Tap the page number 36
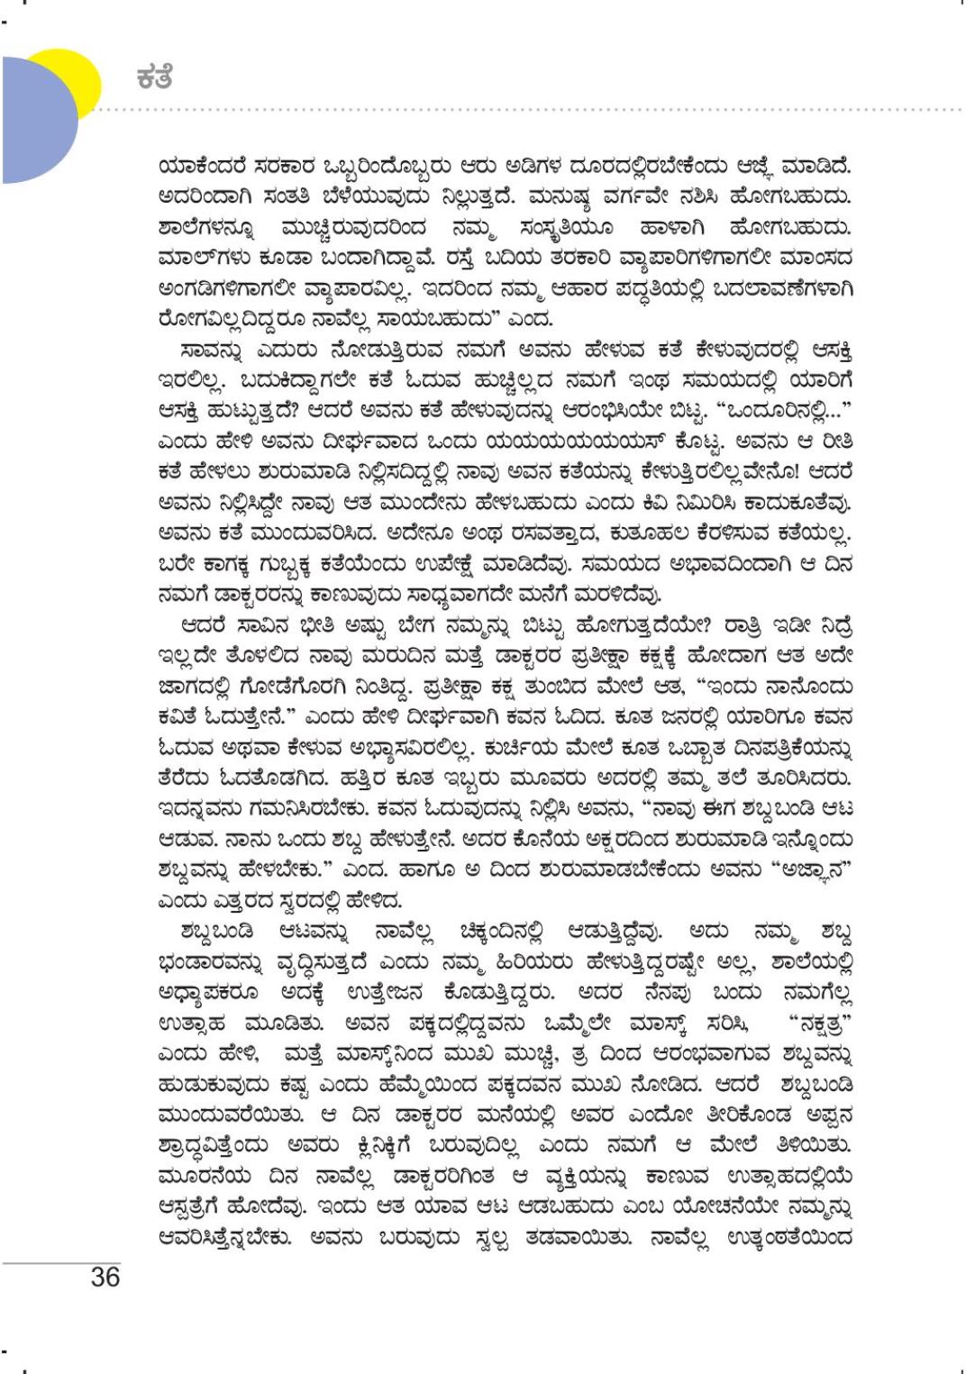click(x=105, y=1277)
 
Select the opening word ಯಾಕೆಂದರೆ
click(x=203, y=167)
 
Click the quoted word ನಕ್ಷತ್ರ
click(x=819, y=1024)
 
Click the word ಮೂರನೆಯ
click(x=199, y=1178)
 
